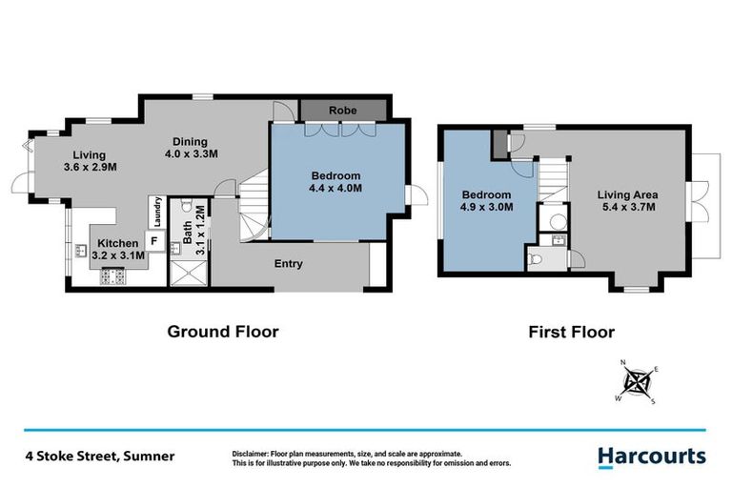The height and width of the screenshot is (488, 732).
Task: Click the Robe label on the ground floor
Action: coord(343,111)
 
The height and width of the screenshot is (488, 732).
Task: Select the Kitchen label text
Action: coord(117,242)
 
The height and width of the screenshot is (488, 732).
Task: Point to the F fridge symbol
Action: coord(152,241)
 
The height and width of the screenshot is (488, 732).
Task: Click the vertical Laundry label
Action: coord(155,209)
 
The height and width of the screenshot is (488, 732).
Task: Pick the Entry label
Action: coord(289,263)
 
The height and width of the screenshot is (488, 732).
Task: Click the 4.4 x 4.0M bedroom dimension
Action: coord(335,189)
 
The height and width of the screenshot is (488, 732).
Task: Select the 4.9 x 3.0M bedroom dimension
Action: coord(485,206)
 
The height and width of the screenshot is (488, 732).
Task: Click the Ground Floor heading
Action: coord(223,332)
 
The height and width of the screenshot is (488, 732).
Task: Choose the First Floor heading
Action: coord(572,333)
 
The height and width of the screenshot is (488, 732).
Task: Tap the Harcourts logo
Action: coord(652,457)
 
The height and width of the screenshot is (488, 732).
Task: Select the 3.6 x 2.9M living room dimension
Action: coord(90,168)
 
